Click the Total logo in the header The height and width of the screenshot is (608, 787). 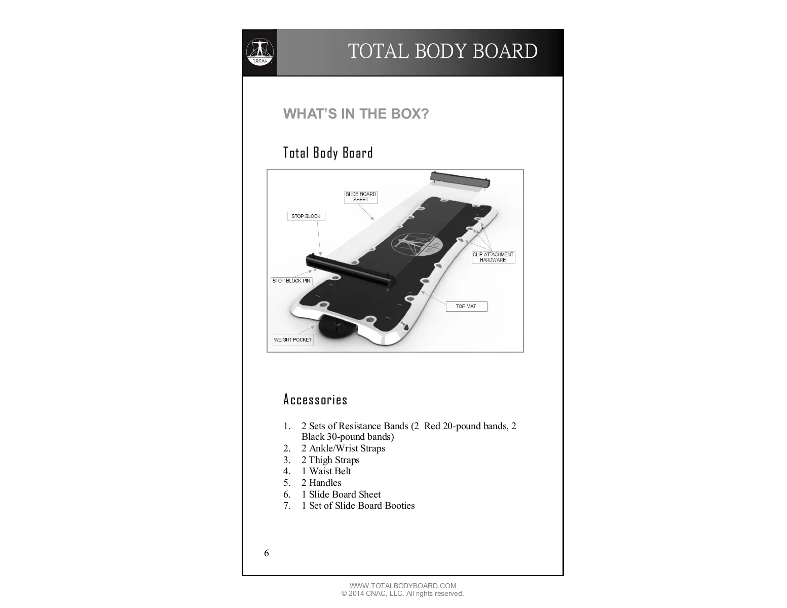[259, 53]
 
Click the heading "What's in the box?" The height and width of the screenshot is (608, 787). [356, 113]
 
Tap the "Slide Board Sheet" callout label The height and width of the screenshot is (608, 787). [361, 197]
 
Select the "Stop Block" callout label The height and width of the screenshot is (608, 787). [306, 216]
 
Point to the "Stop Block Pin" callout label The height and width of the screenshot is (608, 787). [291, 281]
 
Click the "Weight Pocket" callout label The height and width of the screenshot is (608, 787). [293, 339]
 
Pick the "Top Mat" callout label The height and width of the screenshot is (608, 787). [466, 306]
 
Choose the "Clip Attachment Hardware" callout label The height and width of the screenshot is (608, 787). [493, 257]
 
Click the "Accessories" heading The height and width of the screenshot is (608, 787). [315, 400]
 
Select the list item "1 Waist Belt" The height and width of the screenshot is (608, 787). [326, 471]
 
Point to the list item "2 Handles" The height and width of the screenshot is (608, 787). [321, 483]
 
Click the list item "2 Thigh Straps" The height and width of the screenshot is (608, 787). [330, 460]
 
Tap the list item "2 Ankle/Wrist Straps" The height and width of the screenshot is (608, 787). [343, 448]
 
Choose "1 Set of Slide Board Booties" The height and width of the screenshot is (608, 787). [358, 506]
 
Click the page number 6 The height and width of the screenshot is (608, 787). [267, 553]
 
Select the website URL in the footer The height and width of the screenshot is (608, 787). [403, 586]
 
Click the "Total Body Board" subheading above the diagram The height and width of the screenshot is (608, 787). [328, 153]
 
